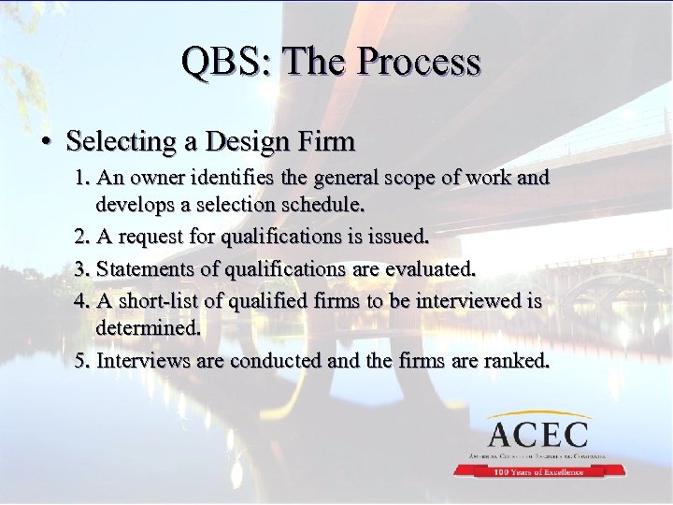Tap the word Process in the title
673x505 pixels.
pyautogui.click(x=418, y=62)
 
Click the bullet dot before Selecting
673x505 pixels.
pyautogui.click(x=45, y=142)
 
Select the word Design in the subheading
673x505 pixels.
pyautogui.click(x=254, y=142)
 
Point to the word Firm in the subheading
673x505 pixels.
pyautogui.click(x=327, y=142)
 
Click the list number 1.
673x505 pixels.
pyautogui.click(x=81, y=177)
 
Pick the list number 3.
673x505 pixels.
pyautogui.click(x=81, y=269)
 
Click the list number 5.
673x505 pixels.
pyautogui.click(x=81, y=360)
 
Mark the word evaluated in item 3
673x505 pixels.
pyautogui.click(x=428, y=269)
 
